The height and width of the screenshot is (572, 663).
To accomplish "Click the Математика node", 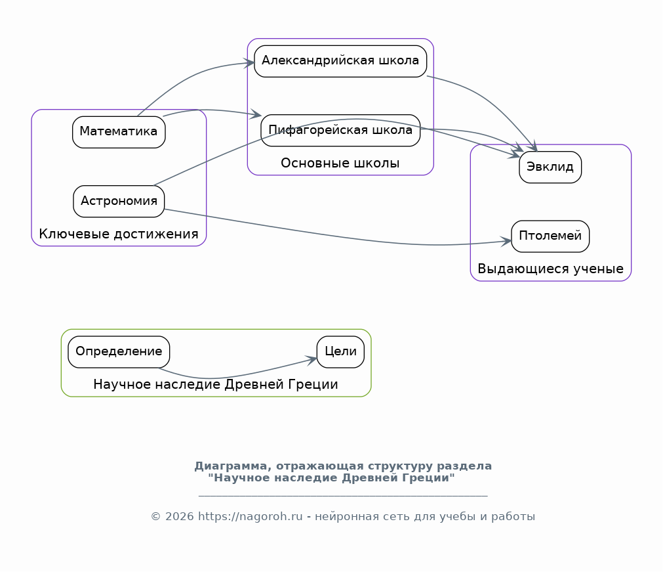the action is (x=119, y=132).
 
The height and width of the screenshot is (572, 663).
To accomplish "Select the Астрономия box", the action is (x=119, y=202).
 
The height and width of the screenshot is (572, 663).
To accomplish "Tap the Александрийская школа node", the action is (x=340, y=61).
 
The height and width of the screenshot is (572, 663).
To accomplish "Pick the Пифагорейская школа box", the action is (x=340, y=131).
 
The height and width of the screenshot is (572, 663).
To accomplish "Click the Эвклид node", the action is (x=550, y=167).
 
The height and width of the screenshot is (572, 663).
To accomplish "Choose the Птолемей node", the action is (x=550, y=236).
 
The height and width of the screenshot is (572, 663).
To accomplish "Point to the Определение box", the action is (x=119, y=352).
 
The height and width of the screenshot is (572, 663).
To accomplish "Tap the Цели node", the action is (x=340, y=352).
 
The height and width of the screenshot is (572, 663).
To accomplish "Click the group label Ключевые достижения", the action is (x=119, y=234).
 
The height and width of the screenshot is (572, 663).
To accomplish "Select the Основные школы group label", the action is (x=340, y=163).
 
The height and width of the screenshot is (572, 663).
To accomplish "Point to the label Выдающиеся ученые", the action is (x=550, y=269).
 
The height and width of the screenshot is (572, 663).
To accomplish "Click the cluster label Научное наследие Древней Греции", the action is (x=216, y=384).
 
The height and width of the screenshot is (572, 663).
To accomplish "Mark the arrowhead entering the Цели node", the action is (x=311, y=361).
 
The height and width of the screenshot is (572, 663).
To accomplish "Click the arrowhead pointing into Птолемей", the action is (x=506, y=241).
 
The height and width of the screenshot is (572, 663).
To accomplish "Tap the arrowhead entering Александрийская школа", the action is (x=249, y=64).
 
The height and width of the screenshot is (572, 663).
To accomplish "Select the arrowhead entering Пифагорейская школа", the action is (x=256, y=114).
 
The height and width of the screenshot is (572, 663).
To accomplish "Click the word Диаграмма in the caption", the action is (x=233, y=466).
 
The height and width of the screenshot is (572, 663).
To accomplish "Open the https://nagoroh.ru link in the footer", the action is (x=251, y=517).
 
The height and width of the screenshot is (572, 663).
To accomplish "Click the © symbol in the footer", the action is (x=155, y=517).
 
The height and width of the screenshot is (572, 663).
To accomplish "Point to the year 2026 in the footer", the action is (x=179, y=517).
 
